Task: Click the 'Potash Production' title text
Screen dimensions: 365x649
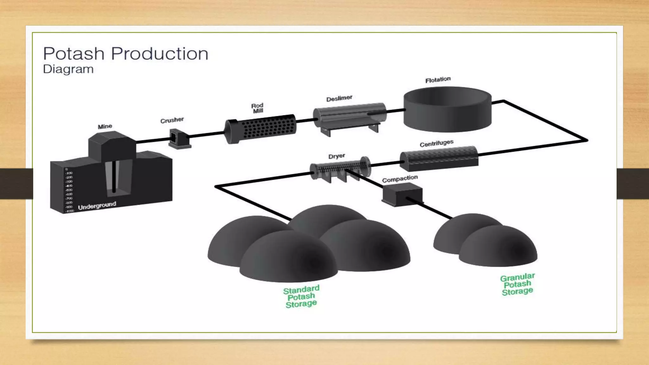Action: click(x=125, y=54)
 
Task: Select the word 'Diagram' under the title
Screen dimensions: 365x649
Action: click(x=68, y=69)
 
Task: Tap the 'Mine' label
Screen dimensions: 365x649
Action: click(x=105, y=126)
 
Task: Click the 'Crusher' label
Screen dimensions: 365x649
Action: click(x=172, y=120)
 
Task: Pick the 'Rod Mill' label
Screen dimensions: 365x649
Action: click(x=258, y=108)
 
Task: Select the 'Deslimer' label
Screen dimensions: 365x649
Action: click(x=339, y=99)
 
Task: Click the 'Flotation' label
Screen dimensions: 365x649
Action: click(x=438, y=80)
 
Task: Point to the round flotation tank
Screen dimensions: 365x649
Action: click(x=447, y=109)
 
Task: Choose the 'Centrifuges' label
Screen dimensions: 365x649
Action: click(x=436, y=144)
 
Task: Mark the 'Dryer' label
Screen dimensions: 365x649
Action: click(x=337, y=156)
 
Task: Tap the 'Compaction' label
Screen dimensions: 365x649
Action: click(x=400, y=179)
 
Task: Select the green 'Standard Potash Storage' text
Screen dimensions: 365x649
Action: click(x=301, y=297)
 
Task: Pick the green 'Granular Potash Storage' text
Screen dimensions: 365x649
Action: click(x=517, y=284)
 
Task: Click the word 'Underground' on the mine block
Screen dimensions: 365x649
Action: click(x=97, y=206)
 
